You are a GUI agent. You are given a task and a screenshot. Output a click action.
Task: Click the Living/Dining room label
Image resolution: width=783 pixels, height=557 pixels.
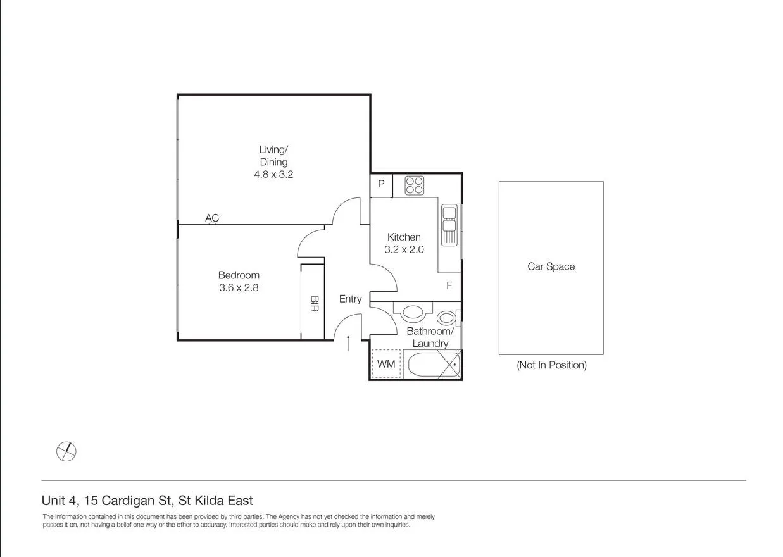click(x=273, y=156)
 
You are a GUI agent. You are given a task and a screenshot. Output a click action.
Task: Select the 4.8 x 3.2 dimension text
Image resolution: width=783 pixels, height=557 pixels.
click(x=273, y=174)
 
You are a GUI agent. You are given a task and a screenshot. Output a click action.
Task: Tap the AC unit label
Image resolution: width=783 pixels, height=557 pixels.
click(x=212, y=218)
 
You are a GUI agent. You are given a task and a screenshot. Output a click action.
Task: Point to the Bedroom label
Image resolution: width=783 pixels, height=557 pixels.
click(x=239, y=275)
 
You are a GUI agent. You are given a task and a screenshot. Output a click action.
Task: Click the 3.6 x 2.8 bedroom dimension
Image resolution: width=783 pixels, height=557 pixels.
click(x=239, y=287)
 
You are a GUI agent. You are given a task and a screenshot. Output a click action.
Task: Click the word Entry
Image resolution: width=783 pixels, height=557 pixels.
click(x=350, y=299)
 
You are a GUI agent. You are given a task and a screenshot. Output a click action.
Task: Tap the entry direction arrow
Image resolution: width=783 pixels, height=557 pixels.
click(x=348, y=342)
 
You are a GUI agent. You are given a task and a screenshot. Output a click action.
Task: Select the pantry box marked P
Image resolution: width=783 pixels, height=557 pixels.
click(x=381, y=184)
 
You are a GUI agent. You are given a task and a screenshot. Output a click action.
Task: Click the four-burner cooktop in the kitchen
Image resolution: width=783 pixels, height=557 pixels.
click(x=414, y=185)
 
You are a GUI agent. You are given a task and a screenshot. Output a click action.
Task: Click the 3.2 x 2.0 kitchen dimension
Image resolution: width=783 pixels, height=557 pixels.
click(x=404, y=249)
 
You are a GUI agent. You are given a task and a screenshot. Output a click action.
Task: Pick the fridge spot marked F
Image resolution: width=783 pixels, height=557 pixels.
click(x=449, y=285)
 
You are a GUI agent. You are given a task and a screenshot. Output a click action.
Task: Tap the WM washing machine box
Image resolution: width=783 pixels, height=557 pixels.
click(x=386, y=364)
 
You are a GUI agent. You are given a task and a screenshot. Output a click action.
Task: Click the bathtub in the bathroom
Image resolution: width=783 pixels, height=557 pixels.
click(x=433, y=366)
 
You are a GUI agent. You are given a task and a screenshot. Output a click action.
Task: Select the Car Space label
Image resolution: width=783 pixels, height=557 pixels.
click(x=551, y=266)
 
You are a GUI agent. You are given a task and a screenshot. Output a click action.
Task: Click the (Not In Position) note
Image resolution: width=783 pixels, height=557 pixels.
click(x=551, y=365)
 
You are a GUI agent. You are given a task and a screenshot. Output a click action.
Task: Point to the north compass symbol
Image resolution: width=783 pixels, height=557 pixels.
click(x=66, y=451)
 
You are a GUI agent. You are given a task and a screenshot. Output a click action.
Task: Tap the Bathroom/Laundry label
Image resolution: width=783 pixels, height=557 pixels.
click(x=430, y=337)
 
